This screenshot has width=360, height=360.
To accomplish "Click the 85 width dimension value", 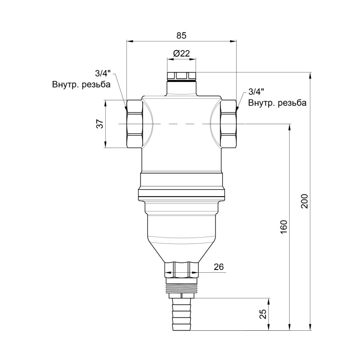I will pos(181,35).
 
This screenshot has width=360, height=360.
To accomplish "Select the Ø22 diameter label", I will pos(181,54).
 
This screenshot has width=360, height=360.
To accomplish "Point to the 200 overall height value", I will pos(304,201).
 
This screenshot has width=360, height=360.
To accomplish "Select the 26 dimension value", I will pos(219,267).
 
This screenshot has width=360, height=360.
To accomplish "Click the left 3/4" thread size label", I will pos(103,73).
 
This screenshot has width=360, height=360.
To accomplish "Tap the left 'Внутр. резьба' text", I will pos(81,84).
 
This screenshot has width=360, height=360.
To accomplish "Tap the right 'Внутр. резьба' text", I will pos(278,103).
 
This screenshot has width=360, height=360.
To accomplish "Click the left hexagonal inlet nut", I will pos(135,124).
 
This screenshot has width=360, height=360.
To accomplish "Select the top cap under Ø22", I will pos(181,76).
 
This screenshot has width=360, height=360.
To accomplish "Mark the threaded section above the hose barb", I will pos(181,285).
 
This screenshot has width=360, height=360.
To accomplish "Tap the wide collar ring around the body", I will pos(181,195).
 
